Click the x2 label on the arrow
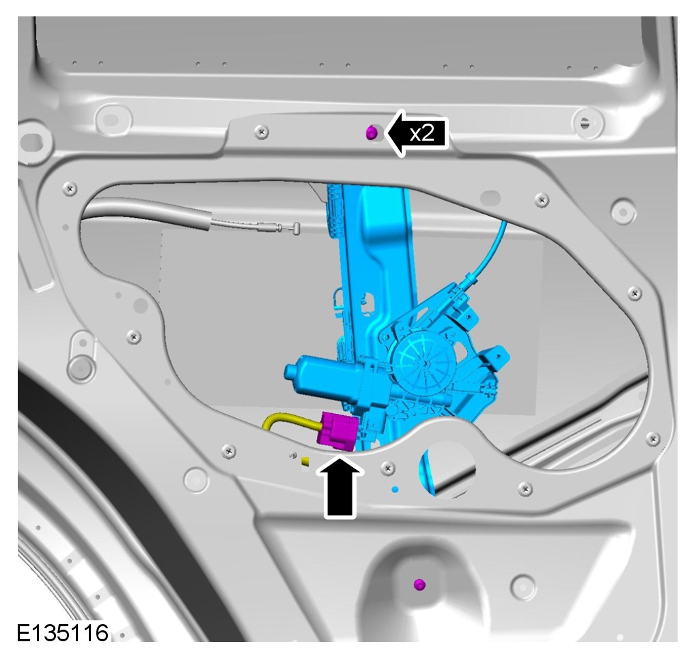(422, 133)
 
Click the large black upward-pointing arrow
(340, 488)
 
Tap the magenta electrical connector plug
(339, 431)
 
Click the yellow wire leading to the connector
(288, 421)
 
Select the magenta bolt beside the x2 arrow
(371, 132)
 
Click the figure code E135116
(62, 633)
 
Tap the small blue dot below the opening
(395, 490)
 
